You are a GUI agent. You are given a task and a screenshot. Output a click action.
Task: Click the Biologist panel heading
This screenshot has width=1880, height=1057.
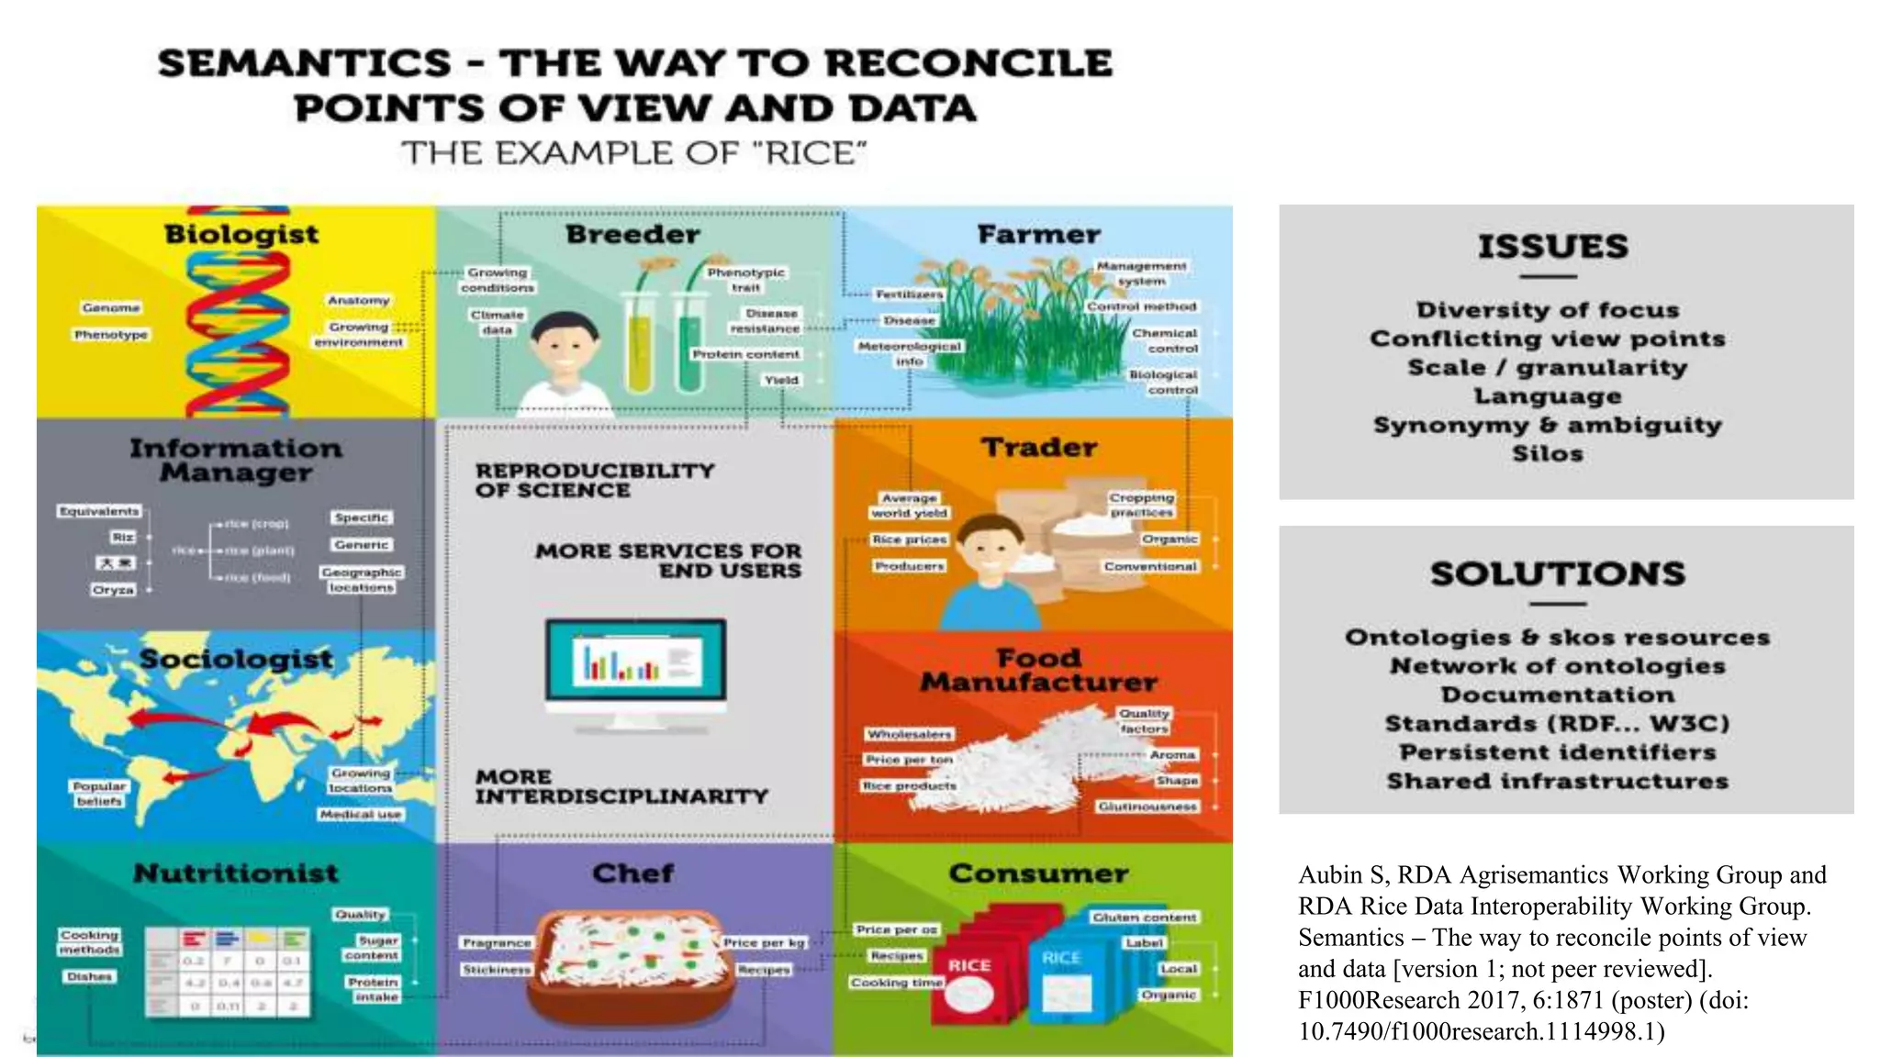[241, 235]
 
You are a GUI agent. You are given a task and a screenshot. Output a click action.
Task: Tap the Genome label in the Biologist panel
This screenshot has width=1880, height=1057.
[111, 308]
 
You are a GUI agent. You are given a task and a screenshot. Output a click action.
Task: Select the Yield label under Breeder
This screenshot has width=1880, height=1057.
[782, 380]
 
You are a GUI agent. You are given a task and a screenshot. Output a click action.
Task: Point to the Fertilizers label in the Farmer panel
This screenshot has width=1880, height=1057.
[909, 295]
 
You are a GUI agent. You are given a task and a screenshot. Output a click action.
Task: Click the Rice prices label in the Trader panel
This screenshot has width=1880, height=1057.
[909, 540]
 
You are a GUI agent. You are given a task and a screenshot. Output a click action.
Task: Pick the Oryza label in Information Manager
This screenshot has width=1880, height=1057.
[113, 590]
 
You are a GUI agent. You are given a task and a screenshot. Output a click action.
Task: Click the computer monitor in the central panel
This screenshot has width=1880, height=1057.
[635, 663]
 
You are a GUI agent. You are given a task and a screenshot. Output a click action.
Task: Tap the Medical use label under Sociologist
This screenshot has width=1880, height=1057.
[361, 815]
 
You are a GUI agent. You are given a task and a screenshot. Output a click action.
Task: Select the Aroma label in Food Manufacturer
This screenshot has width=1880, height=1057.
[1172, 754]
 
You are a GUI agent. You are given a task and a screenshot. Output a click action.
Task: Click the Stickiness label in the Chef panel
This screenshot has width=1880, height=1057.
[497, 970]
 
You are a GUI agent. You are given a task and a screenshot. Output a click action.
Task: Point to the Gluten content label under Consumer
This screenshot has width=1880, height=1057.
[1144, 918]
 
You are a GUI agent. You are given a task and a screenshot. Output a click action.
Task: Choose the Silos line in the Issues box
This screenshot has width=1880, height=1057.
[1548, 453]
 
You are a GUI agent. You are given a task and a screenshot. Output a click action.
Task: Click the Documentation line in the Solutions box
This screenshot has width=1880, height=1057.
[1557, 695]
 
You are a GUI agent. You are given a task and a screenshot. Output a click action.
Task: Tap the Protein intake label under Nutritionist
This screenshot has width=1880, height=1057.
[374, 989]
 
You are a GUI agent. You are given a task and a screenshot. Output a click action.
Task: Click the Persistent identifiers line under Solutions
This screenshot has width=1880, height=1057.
[1557, 752]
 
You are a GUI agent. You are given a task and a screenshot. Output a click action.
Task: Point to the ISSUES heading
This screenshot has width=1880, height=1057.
[1552, 247]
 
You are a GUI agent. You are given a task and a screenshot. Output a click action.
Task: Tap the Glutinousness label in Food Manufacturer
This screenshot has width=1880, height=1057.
[1147, 807]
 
